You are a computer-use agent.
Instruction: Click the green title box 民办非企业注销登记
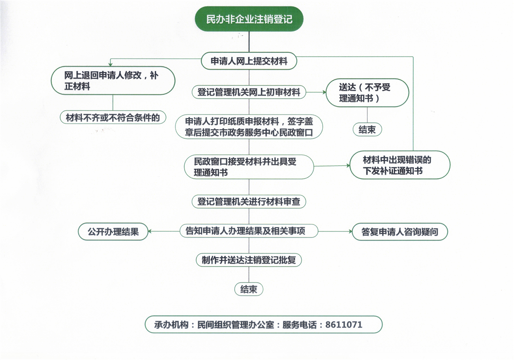(x=249, y=19)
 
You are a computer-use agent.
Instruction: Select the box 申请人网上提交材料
(x=249, y=61)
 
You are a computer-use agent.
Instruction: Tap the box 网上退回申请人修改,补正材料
(x=113, y=80)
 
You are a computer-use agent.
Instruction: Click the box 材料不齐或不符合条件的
(x=113, y=118)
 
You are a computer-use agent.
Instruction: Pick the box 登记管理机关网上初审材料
(x=249, y=92)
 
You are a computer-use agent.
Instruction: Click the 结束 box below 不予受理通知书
(x=367, y=130)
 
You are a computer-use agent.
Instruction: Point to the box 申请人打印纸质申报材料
(x=249, y=126)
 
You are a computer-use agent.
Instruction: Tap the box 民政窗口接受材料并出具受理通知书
(x=249, y=166)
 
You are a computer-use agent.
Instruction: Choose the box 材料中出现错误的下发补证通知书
(x=400, y=165)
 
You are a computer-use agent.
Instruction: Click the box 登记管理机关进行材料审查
(x=249, y=202)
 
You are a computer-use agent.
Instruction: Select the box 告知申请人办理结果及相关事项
(x=249, y=231)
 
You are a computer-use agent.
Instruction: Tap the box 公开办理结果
(x=113, y=231)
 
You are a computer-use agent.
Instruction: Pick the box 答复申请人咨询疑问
(x=400, y=232)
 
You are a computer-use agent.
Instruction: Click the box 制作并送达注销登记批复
(x=249, y=260)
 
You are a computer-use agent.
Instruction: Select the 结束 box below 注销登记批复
(x=249, y=289)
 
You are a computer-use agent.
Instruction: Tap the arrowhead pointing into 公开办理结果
(x=151, y=231)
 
